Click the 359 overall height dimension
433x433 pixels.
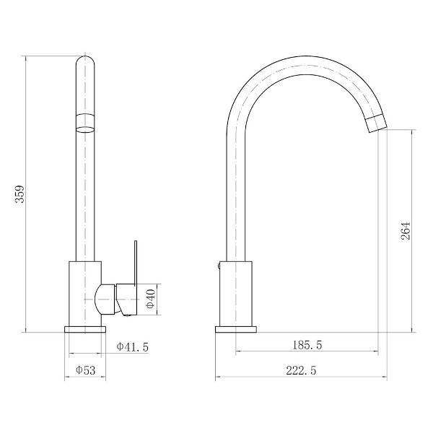click(x=20, y=194)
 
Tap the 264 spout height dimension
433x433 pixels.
click(x=406, y=231)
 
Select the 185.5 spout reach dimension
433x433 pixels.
click(x=307, y=345)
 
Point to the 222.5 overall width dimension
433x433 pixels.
click(x=301, y=370)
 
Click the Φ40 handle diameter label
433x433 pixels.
click(x=151, y=299)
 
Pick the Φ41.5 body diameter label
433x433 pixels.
click(x=133, y=346)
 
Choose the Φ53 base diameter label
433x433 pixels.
click(x=86, y=370)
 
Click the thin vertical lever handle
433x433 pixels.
click(x=136, y=263)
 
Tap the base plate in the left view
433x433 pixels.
click(x=85, y=329)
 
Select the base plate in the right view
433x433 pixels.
click(x=236, y=329)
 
